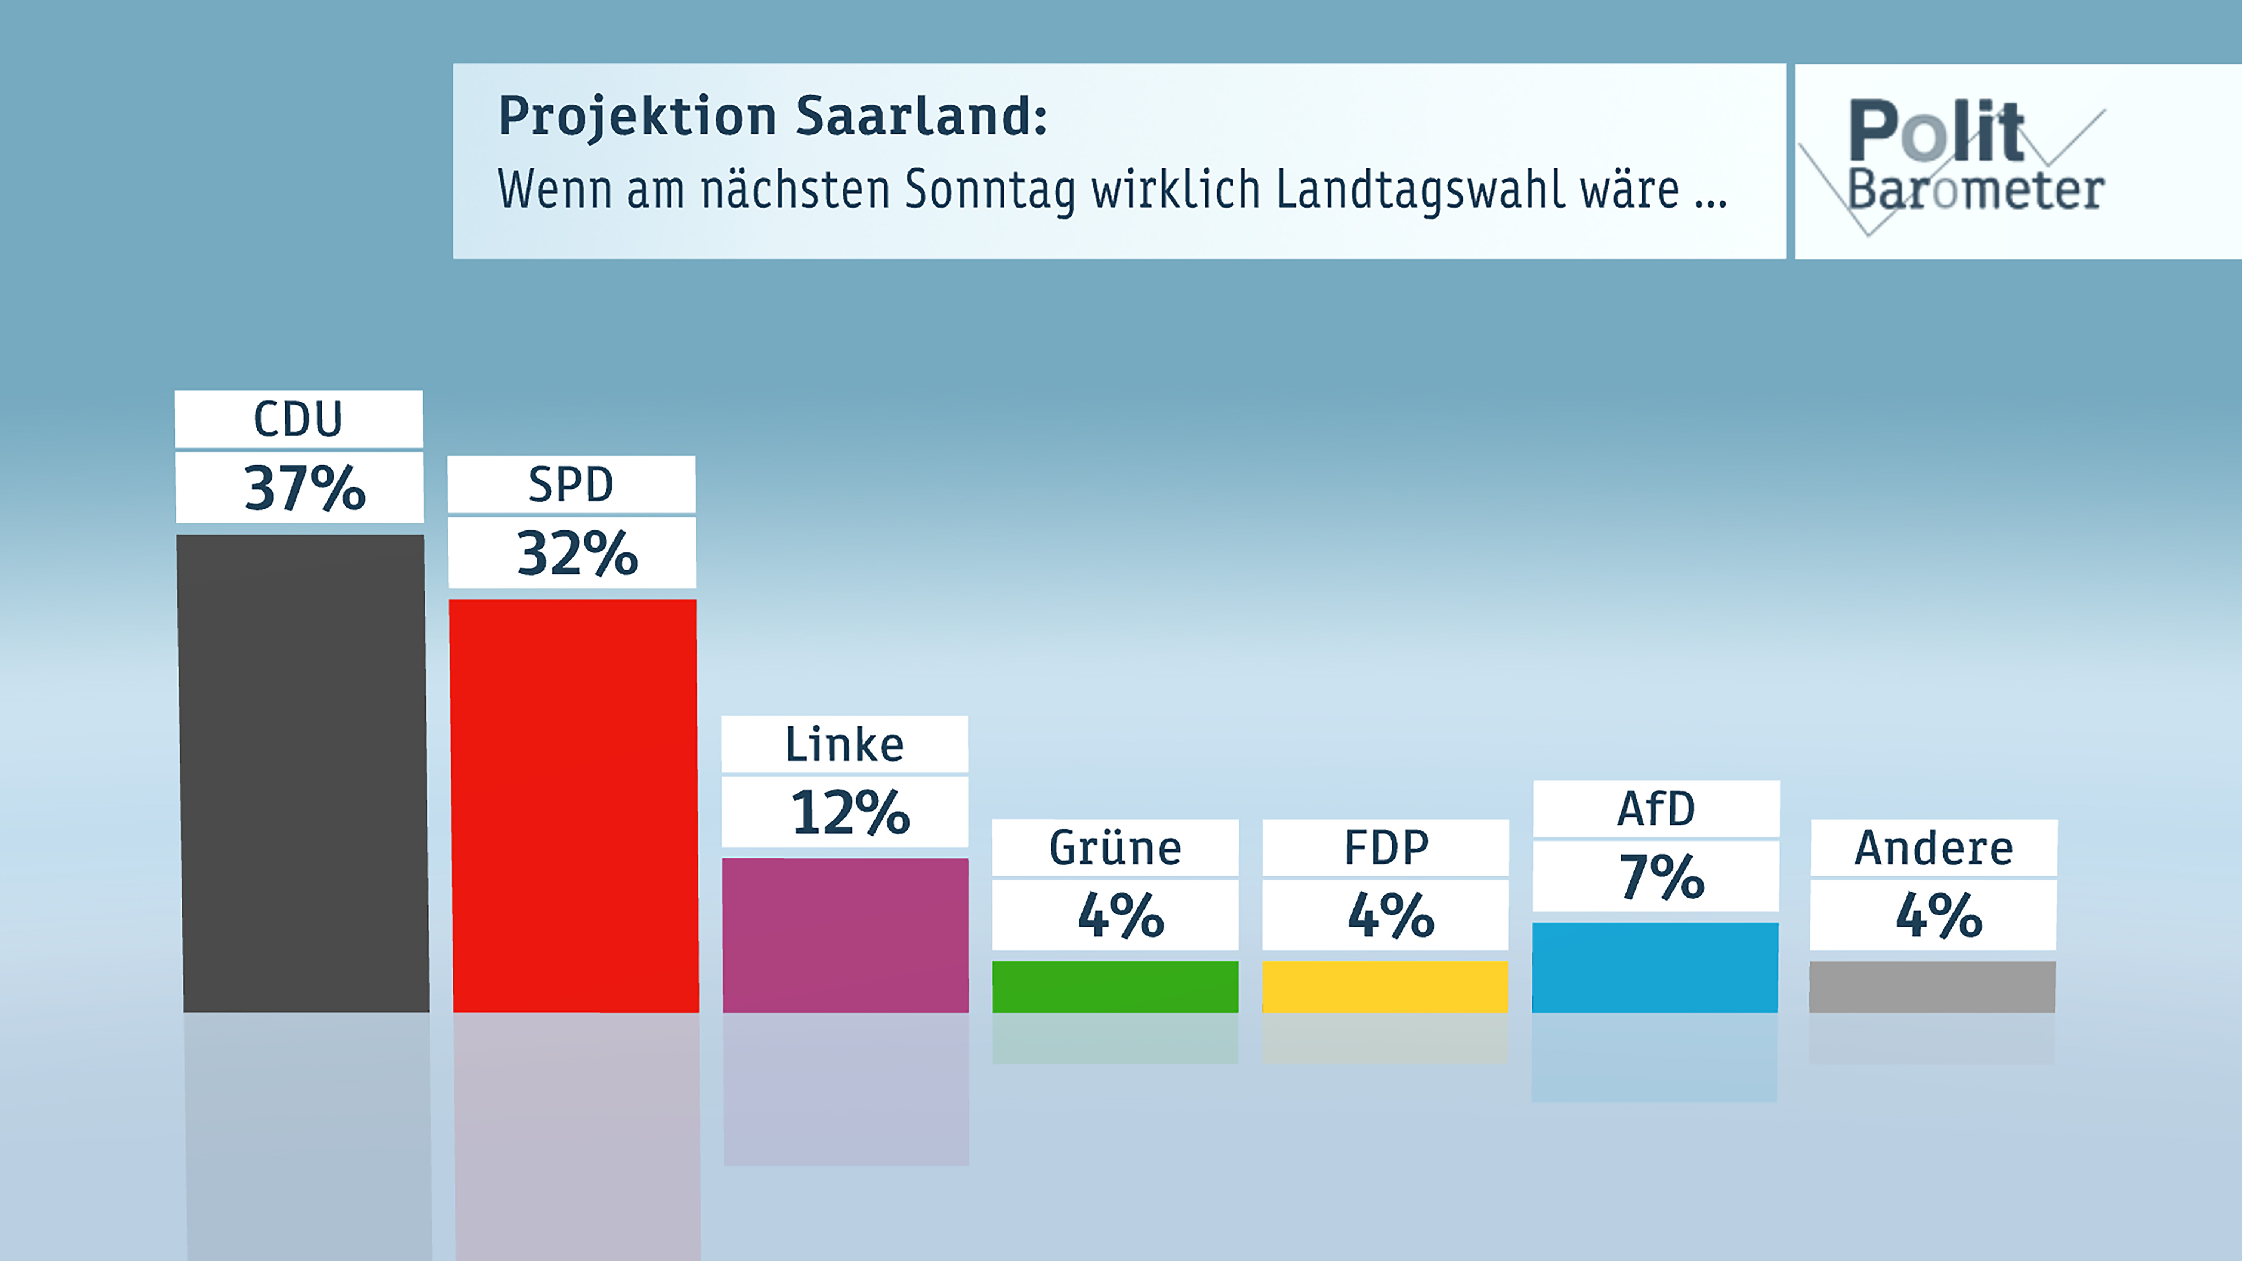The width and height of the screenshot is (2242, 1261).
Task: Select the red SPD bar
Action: [574, 805]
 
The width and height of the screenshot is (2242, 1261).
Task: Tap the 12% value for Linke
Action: [849, 812]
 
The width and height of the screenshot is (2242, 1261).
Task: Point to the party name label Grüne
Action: [1115, 848]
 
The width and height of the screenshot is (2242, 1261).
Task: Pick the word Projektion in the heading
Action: [637, 117]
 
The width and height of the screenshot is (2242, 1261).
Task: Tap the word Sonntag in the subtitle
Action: [991, 190]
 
